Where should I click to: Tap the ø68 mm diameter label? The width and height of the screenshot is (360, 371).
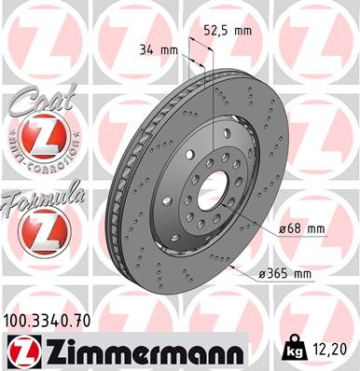pyautogui.click(x=300, y=227)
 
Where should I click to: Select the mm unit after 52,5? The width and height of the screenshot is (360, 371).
pyautogui.click(x=244, y=30)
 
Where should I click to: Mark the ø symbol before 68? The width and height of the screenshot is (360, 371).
pyautogui.click(x=283, y=227)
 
